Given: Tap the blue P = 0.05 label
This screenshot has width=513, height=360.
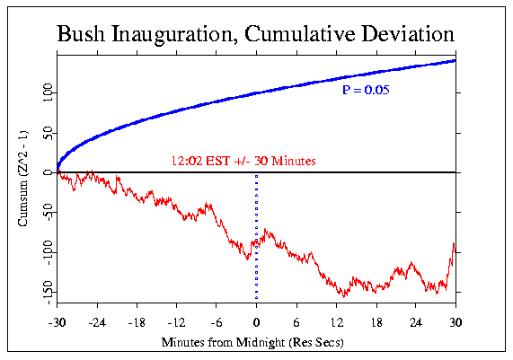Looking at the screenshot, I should click(364, 91).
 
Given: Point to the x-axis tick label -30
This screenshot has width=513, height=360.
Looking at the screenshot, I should click(58, 320).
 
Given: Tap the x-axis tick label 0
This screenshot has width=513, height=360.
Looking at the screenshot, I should click(257, 320).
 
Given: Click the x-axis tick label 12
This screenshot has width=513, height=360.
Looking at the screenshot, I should click(336, 320).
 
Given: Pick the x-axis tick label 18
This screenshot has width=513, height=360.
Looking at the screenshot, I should click(376, 320).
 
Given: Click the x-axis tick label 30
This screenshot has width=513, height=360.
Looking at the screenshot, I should click(456, 320).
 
